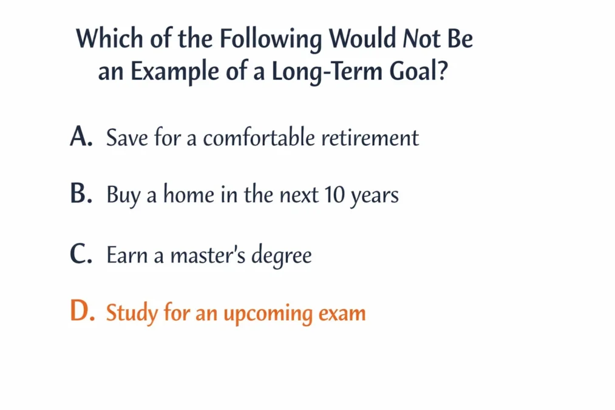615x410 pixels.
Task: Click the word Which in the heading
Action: (109, 38)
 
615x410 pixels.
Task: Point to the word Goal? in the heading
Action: (418, 70)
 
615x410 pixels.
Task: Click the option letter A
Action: (81, 137)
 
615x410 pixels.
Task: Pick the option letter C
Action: (81, 254)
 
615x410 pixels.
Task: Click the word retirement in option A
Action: (370, 138)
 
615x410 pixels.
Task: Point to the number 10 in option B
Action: (335, 194)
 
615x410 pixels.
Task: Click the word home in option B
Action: (189, 194)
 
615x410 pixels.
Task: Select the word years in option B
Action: (375, 197)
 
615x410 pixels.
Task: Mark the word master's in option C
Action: (208, 255)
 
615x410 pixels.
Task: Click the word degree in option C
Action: (282, 256)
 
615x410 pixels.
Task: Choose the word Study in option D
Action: (132, 313)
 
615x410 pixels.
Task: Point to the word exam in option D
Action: (342, 314)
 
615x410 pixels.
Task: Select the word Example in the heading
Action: (174, 72)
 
